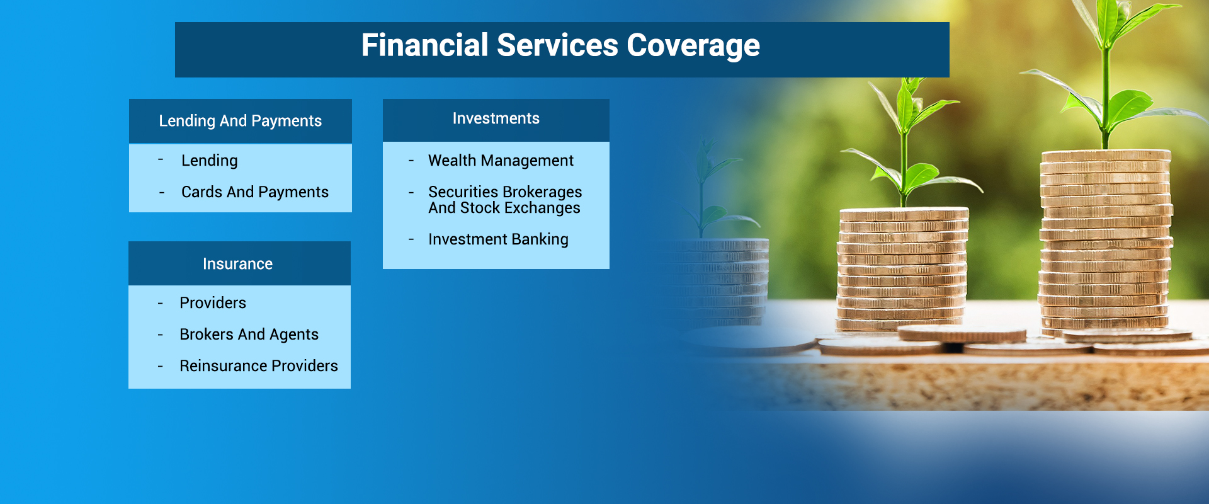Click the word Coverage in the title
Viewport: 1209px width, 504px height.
pyautogui.click(x=693, y=46)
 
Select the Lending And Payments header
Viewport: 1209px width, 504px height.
pyautogui.click(x=240, y=121)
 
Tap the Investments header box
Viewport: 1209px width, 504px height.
pyautogui.click(x=496, y=119)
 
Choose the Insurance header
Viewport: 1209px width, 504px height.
pyautogui.click(x=238, y=264)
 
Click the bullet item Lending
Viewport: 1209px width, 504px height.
pyautogui.click(x=209, y=161)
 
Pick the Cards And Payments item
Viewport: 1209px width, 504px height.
pyautogui.click(x=254, y=192)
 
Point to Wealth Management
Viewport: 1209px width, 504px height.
pyautogui.click(x=501, y=161)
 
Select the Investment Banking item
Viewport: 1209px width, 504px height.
pyautogui.click(x=498, y=239)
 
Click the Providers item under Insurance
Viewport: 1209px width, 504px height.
pyautogui.click(x=213, y=303)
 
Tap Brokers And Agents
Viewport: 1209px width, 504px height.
pyautogui.click(x=249, y=335)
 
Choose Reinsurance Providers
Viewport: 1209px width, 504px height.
pyautogui.click(x=258, y=366)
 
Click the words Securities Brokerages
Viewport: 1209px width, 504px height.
pyautogui.click(x=505, y=192)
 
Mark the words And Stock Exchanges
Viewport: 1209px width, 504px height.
pyautogui.click(x=504, y=209)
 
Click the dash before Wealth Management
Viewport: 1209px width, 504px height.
pyautogui.click(x=411, y=161)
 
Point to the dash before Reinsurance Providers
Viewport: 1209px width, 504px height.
pyautogui.click(x=161, y=367)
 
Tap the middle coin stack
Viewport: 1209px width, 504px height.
pyautogui.click(x=902, y=271)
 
